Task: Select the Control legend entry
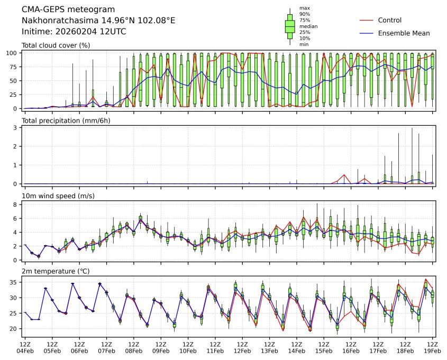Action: coord(389,21)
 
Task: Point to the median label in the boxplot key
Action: coord(305,26)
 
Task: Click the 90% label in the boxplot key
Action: coord(304,14)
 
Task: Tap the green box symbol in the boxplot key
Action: coord(290,26)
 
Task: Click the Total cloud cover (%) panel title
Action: coord(56,45)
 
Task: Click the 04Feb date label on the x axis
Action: coord(25,351)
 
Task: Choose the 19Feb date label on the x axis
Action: coord(433,351)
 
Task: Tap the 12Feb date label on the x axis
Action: coord(242,351)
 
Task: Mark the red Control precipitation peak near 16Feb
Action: coord(344,174)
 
